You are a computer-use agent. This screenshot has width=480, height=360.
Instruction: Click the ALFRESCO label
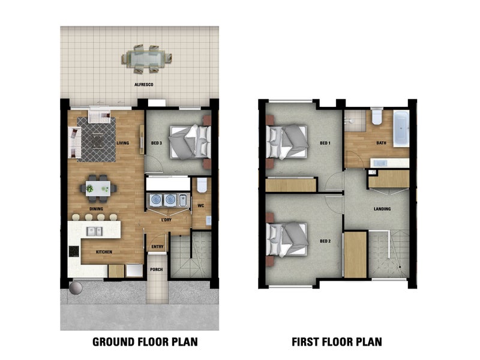tap(143, 85)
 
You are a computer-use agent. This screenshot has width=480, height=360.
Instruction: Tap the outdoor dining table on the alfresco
tap(146, 58)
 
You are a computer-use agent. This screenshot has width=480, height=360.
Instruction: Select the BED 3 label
tap(157, 143)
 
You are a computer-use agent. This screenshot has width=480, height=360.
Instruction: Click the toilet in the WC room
tap(202, 185)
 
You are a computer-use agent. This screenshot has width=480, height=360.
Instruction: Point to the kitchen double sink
tap(94, 231)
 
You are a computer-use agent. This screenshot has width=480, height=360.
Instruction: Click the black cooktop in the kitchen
tap(74, 251)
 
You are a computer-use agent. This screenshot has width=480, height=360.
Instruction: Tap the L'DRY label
tap(166, 220)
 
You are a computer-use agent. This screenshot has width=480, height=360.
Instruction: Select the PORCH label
tap(157, 269)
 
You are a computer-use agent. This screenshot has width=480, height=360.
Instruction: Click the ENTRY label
tap(157, 247)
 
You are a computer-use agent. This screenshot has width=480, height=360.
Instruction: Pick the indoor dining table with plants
tap(98, 188)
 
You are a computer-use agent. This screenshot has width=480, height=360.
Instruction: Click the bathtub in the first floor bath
tap(401, 129)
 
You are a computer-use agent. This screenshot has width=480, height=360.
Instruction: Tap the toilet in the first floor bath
tap(377, 116)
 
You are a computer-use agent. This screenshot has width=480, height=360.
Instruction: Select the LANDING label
tap(382, 209)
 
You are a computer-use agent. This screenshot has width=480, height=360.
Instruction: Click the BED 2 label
tap(325, 241)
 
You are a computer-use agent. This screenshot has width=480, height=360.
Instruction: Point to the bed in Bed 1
tap(287, 142)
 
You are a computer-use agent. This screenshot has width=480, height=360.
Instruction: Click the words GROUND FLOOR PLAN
tap(145, 342)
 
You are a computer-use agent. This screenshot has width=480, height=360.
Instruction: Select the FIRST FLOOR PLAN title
tap(337, 342)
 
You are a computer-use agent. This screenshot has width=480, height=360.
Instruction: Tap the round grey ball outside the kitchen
tap(76, 288)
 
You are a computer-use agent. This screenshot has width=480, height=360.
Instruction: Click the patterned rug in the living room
tap(97, 139)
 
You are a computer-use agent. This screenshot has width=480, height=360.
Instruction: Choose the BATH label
tap(381, 143)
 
